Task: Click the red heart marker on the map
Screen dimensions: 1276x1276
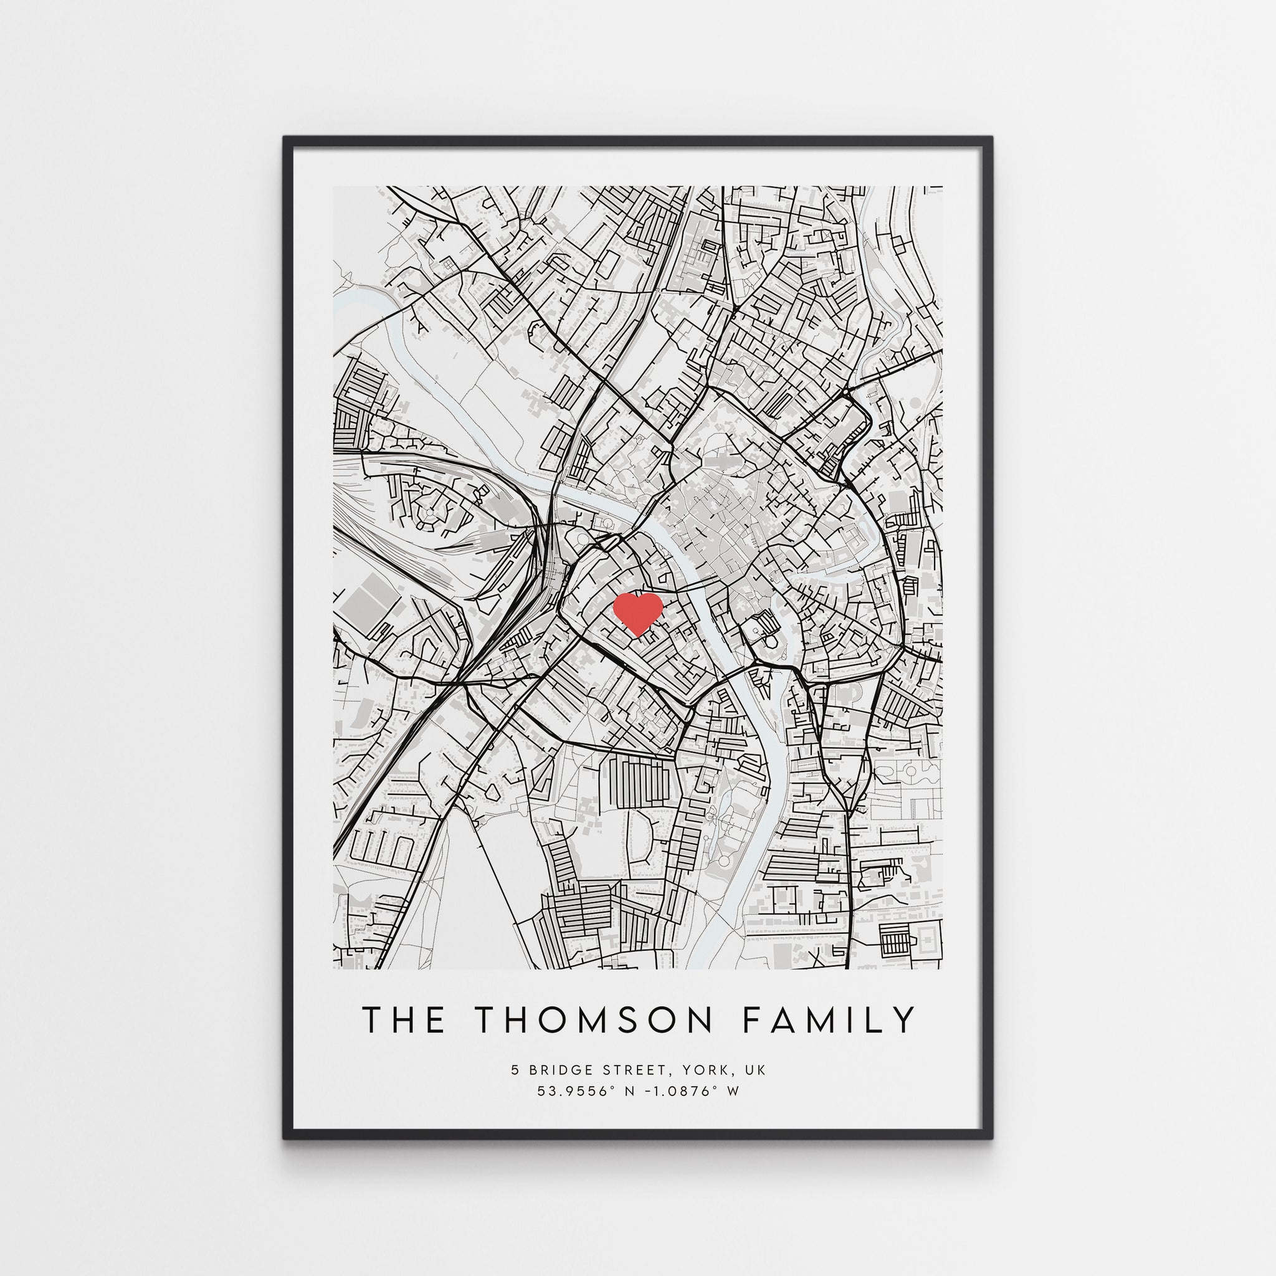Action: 637,612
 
